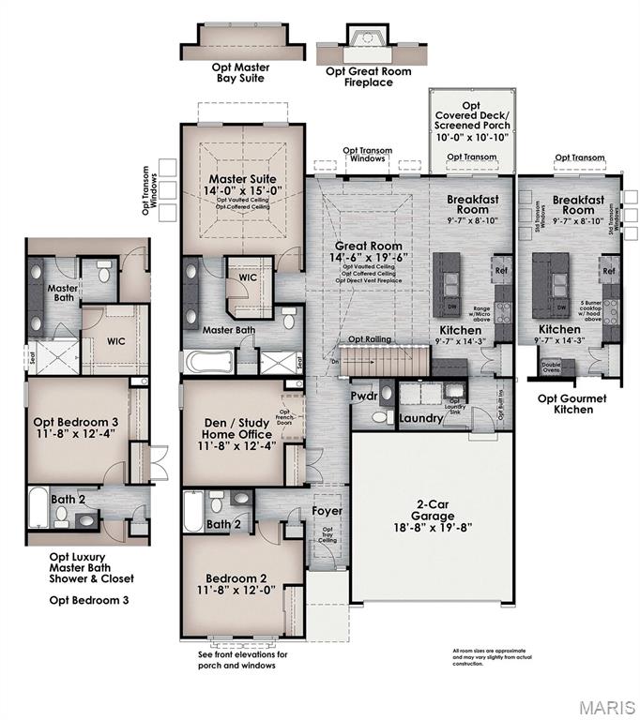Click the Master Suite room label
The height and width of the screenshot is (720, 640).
coord(243,178)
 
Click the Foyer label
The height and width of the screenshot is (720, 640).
coord(328,511)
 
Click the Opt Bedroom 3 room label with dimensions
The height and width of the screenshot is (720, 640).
coord(75,427)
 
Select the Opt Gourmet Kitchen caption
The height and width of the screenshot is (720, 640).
coord(571,404)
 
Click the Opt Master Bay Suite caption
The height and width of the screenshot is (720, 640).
coord(236,72)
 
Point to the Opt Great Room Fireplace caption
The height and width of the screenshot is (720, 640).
coord(361,76)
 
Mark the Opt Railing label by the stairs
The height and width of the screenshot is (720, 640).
coord(370,339)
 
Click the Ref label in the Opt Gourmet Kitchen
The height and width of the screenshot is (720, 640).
coord(608,271)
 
